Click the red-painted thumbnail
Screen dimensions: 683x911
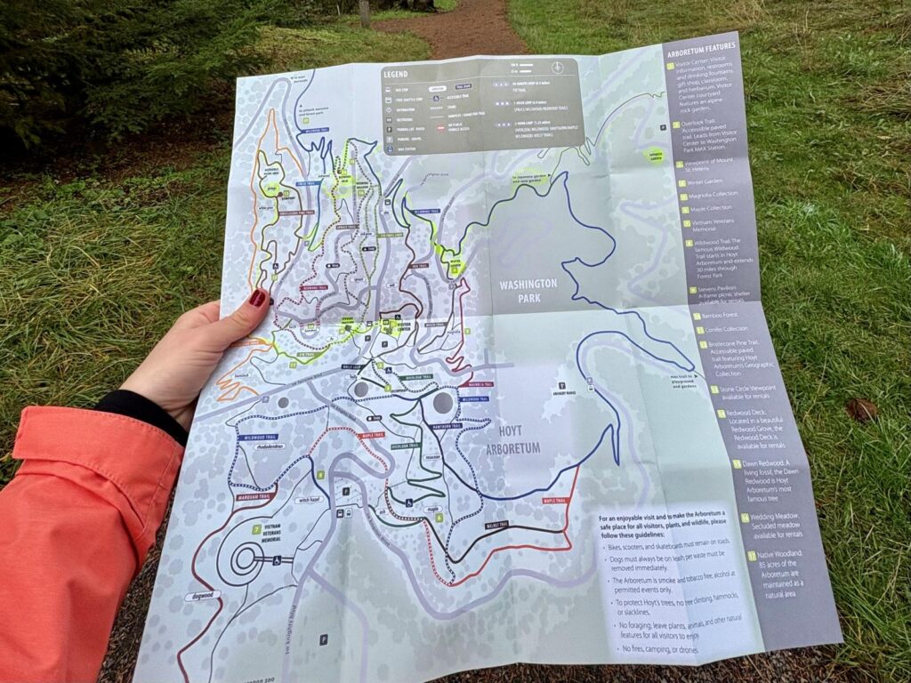[257, 298]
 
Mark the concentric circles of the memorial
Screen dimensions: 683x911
[241, 559]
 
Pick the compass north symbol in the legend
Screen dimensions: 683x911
[556, 67]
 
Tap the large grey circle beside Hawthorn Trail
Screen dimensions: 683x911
[443, 403]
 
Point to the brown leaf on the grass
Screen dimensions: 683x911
[860, 409]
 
